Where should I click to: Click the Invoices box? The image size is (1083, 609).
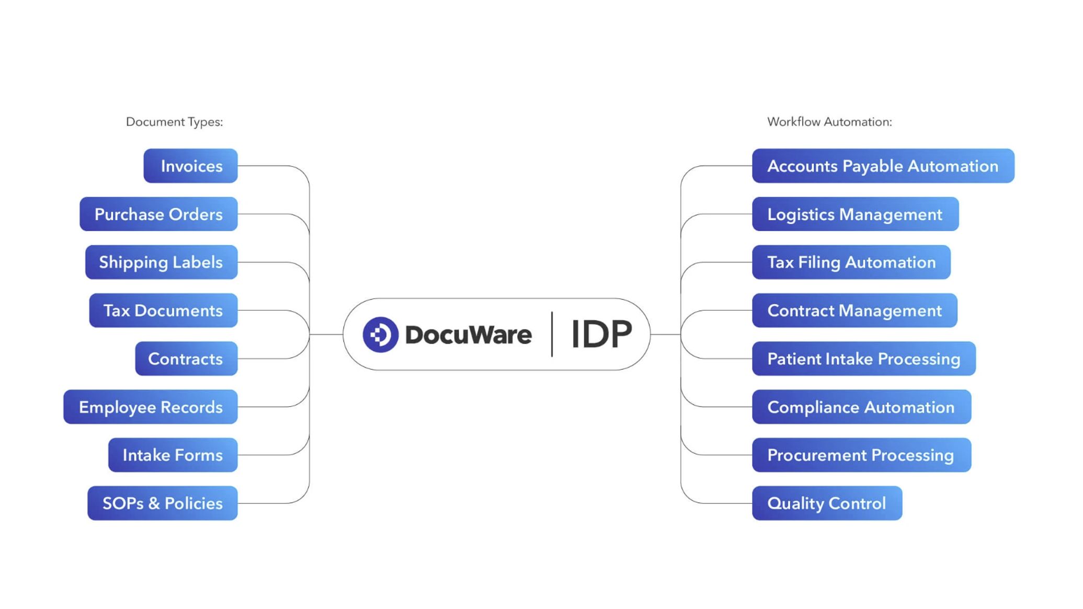point(190,166)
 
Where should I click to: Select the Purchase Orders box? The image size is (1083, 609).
point(158,214)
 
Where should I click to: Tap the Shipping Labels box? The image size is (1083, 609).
point(161,262)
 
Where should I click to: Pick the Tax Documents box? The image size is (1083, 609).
point(163,311)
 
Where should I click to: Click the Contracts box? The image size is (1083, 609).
point(186,359)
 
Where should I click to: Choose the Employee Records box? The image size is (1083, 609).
point(151,407)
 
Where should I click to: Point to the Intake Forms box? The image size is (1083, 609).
point(173,455)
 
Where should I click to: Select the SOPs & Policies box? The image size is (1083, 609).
point(163,503)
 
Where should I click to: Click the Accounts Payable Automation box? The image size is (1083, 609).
point(883,166)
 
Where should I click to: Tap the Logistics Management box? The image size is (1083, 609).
point(855,214)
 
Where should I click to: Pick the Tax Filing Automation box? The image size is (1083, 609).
point(851,262)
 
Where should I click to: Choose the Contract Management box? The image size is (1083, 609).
point(854,311)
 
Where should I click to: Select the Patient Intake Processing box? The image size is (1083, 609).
point(863,359)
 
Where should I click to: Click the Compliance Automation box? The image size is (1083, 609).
point(861,407)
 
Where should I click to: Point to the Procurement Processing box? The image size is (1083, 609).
point(861,455)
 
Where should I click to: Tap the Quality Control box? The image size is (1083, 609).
point(827,503)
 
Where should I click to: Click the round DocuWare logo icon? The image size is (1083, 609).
point(380,335)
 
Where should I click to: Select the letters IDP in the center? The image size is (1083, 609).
point(601,335)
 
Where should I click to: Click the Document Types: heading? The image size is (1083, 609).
point(174,122)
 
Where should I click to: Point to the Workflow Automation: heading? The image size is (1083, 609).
point(829,122)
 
